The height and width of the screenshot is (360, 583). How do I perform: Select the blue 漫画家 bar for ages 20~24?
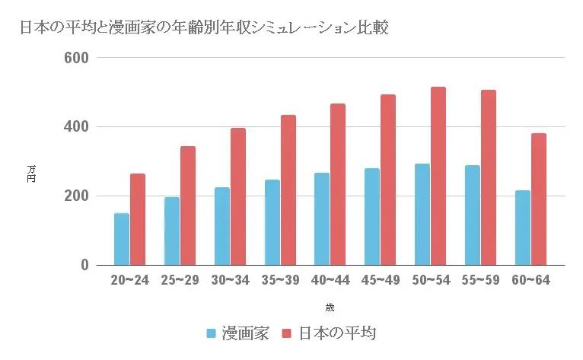121,239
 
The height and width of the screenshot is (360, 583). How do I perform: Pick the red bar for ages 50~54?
438,176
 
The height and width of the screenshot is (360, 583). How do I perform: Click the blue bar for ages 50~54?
422,215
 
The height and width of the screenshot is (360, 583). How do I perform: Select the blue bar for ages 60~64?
522,228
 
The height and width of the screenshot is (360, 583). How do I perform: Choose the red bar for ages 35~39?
288,190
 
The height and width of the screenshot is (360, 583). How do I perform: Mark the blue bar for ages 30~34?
221,226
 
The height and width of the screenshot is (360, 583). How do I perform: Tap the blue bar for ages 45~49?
371,217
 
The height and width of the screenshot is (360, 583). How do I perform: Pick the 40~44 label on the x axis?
330,280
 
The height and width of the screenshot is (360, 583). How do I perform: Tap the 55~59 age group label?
480,280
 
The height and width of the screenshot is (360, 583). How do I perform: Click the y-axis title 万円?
31,174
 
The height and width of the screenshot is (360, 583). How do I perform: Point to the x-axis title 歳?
330,307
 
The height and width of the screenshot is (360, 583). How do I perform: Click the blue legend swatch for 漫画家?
212,333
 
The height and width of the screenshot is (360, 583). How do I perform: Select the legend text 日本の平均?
336,333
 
